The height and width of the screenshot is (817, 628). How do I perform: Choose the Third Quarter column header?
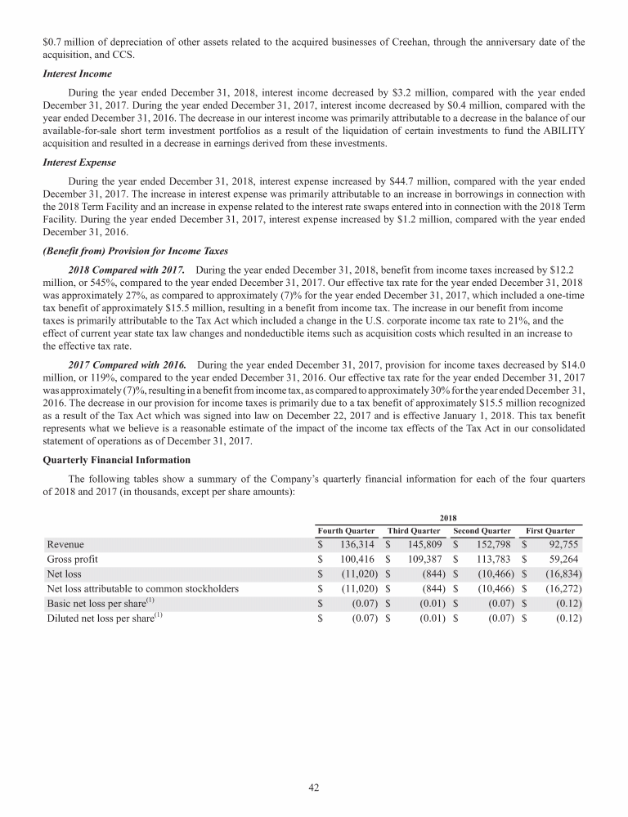tap(415, 531)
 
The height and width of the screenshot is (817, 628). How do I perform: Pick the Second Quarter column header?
tap(482, 531)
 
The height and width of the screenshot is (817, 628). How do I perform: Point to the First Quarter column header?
tap(550, 531)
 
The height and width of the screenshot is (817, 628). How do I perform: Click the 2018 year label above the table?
tap(448, 517)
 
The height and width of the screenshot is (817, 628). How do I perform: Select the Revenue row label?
tap(65, 544)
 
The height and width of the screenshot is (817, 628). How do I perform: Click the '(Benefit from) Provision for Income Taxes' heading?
tap(132, 251)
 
